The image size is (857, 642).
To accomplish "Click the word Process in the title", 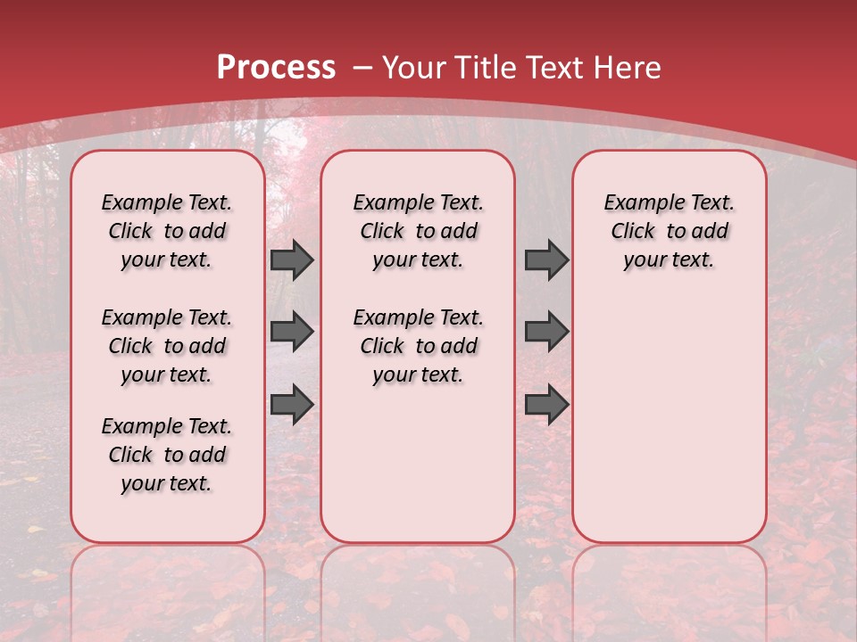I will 276,68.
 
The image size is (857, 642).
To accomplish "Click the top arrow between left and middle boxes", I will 292,260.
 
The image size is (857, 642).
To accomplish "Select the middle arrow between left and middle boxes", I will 292,332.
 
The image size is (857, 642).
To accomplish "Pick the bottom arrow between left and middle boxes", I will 292,404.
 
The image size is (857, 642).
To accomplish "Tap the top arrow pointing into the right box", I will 546,260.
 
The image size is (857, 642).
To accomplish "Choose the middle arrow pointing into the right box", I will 546,332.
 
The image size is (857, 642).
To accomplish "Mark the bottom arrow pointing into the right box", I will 546,404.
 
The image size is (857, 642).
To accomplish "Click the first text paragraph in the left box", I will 167,231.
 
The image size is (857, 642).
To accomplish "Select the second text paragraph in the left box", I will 167,346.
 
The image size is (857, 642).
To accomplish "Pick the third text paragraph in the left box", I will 167,455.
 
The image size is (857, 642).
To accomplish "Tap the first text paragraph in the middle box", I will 418,231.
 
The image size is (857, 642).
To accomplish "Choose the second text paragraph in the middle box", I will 418,346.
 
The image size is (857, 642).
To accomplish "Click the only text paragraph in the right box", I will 669,231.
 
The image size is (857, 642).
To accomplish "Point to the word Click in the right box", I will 633,232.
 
